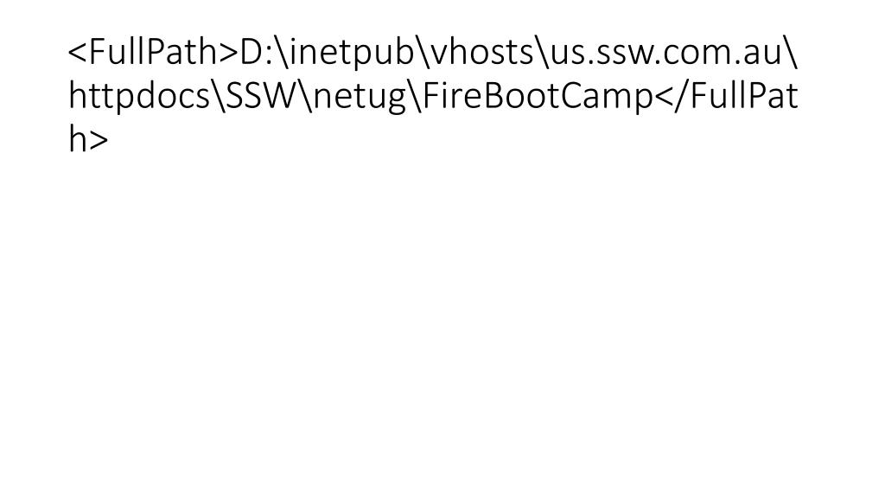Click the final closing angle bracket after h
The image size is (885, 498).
(x=99, y=140)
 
